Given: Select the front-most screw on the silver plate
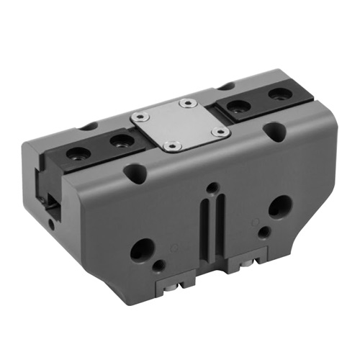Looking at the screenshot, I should pos(171,145).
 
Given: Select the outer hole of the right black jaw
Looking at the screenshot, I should pos(276,94).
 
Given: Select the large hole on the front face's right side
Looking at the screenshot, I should pos(280,208).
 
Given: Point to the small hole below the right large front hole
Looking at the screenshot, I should pos(265,232).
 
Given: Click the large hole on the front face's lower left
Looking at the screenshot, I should pos(142,251).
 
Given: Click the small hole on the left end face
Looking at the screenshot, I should pos(51,224).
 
